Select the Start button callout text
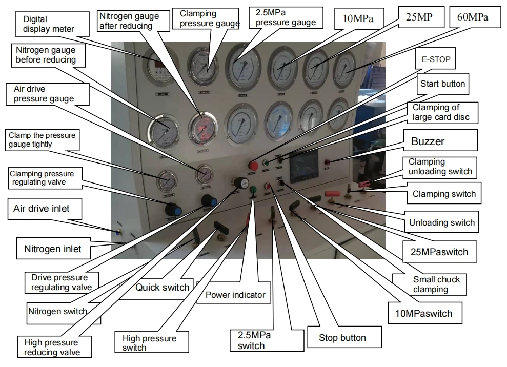click(442, 84)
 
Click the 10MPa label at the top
click(354, 19)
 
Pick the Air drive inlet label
click(41, 209)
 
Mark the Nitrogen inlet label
click(52, 250)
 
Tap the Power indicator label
click(235, 295)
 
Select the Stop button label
click(342, 338)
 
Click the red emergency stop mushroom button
click(253, 166)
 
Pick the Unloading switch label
click(441, 223)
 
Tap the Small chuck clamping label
click(436, 284)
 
